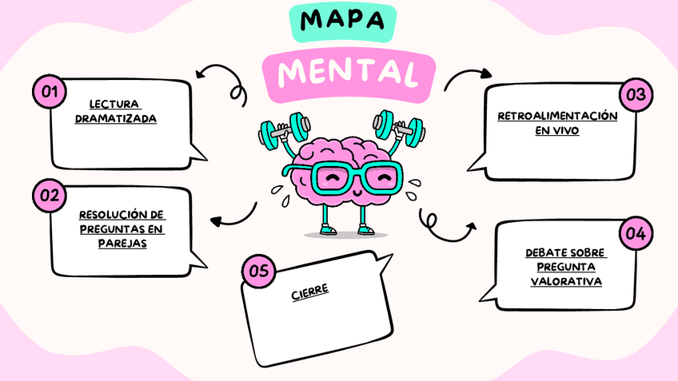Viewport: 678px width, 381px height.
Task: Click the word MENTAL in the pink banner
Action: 347,73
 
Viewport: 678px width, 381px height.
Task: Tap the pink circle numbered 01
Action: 49,93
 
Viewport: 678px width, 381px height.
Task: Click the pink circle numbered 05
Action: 259,271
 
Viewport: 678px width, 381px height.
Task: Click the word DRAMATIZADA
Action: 114,118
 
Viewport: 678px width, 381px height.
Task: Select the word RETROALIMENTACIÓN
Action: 557,116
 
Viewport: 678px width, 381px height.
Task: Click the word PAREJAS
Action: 122,244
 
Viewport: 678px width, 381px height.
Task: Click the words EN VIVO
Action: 557,131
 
